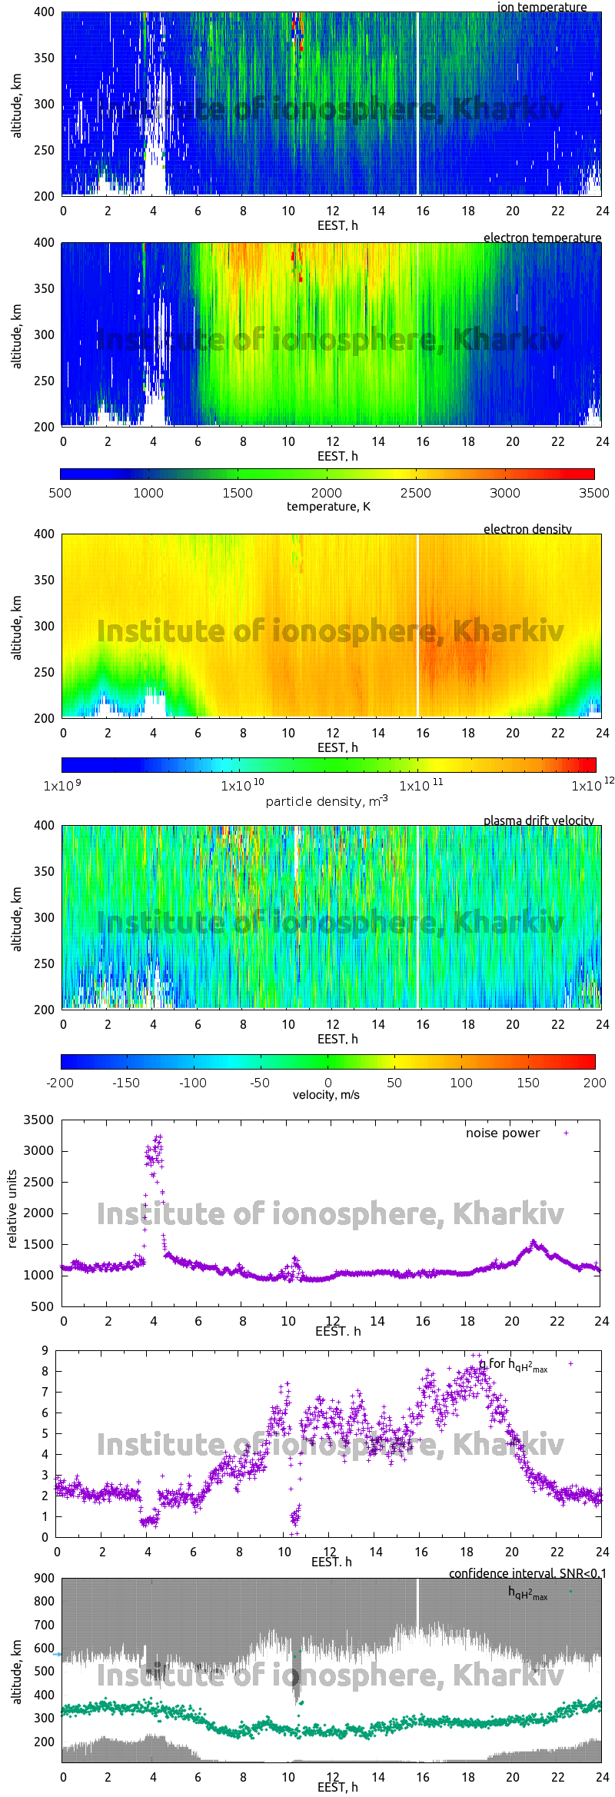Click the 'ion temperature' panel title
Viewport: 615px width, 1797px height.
pos(541,7)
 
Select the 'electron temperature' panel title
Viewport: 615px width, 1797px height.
pos(542,238)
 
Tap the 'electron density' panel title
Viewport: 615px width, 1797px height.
pos(527,529)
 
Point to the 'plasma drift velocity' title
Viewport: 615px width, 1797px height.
pos(538,820)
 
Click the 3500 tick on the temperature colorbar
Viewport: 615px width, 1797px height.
pos(593,493)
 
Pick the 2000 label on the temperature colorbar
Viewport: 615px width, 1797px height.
pos(327,493)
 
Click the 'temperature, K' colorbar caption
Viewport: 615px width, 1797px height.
pos(328,507)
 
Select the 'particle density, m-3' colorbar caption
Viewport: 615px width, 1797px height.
pos(327,801)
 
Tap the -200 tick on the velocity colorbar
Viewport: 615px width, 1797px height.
pos(60,1083)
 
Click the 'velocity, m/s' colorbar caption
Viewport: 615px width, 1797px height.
pos(326,1094)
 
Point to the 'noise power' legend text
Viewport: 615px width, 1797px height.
pos(503,1133)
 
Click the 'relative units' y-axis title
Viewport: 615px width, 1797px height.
pos(12,1209)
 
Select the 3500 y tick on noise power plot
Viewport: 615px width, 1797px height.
pos(39,1120)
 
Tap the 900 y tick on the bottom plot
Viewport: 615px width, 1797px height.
pos(45,1578)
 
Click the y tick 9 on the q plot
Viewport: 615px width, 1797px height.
pos(45,1350)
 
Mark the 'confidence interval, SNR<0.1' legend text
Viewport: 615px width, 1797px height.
pos(527,1573)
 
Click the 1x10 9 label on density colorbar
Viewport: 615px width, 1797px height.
pos(62,786)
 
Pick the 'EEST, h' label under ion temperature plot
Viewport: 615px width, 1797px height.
pos(337,225)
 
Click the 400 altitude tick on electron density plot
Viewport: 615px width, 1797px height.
pos(45,534)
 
